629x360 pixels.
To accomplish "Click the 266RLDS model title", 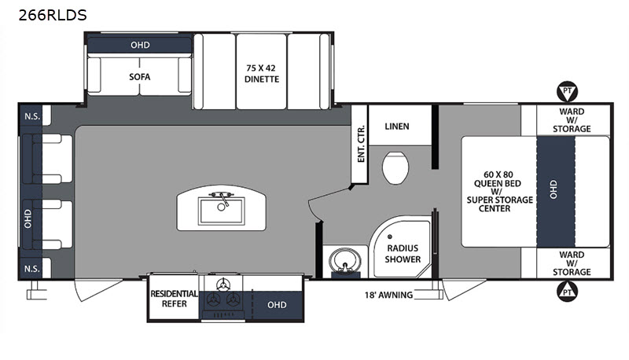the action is tap(53, 15).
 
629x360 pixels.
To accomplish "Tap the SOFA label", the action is tap(140, 76).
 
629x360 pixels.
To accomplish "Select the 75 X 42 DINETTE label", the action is tap(262, 74).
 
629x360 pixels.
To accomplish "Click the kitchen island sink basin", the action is tap(222, 211).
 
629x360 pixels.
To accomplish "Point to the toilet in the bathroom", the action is tap(395, 167).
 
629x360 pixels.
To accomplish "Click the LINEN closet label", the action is tap(397, 127).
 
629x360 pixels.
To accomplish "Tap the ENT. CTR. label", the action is tap(361, 144).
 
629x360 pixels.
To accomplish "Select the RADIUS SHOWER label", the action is tap(403, 254).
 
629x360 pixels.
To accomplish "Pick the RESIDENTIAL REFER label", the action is tap(174, 299).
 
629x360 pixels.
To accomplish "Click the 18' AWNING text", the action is tap(388, 295).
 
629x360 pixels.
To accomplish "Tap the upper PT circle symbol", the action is tap(567, 91).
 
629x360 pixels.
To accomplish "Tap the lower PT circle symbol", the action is tap(567, 292).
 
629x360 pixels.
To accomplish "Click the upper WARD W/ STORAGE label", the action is tap(572, 119).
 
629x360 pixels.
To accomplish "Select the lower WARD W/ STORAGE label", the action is tap(572, 263).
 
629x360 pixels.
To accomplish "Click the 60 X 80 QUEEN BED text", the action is tap(498, 178).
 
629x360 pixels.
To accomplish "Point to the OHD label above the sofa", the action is tap(140, 45).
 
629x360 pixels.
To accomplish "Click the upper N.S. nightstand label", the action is tap(32, 116).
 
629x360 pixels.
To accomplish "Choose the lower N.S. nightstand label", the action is tap(32, 269).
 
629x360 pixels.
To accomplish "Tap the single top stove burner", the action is tap(223, 285).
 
